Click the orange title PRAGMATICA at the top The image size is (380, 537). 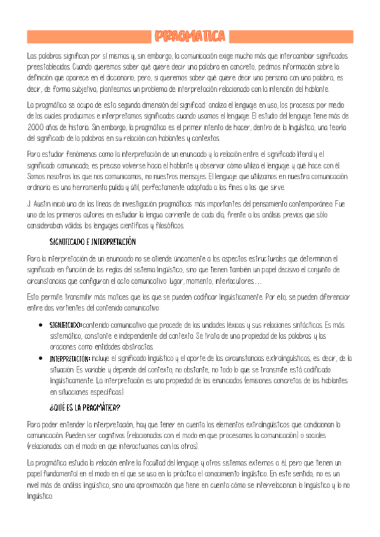point(190,35)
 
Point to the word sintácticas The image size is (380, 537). point(301,325)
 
